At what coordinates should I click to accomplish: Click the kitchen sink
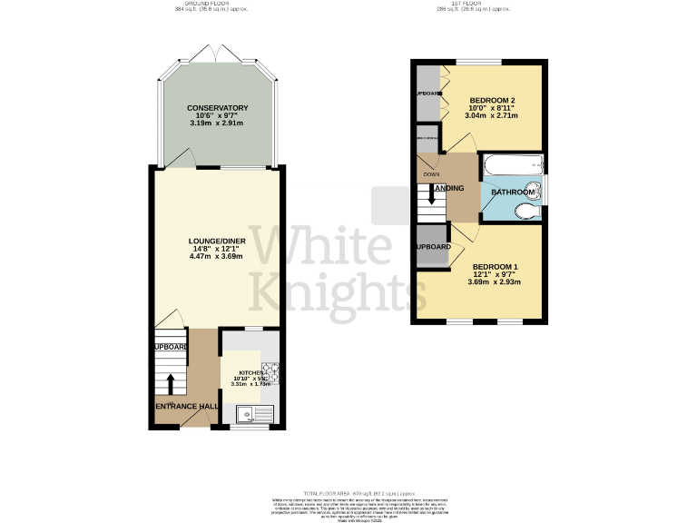[x=247, y=414]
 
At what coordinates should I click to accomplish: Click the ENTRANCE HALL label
[x=186, y=405]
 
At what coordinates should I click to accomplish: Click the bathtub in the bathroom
[x=513, y=166]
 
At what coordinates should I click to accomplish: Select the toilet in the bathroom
[x=525, y=212]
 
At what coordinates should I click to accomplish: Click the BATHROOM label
[x=513, y=192]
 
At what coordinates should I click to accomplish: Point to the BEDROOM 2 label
[x=493, y=100]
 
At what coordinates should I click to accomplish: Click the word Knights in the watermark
[x=327, y=292]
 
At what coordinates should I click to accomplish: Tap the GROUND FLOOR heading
[x=211, y=4]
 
